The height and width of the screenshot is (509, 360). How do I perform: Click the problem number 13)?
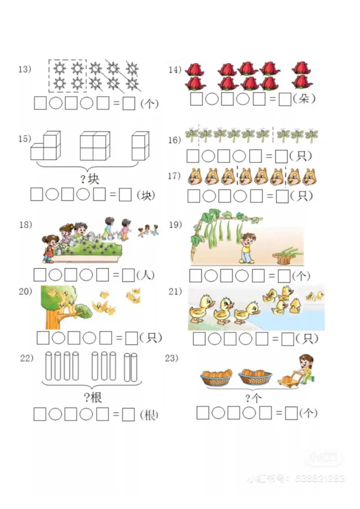point(24,69)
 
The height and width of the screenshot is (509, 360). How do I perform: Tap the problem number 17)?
point(174,176)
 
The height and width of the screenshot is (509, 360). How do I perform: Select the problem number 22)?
point(27,358)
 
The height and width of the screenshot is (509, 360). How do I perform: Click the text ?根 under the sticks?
point(93,397)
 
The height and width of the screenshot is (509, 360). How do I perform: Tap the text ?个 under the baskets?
point(254,397)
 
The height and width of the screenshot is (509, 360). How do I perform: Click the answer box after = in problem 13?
point(129,103)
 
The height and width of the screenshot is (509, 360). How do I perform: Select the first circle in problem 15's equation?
point(52,195)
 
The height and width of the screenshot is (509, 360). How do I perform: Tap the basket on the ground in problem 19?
point(282,256)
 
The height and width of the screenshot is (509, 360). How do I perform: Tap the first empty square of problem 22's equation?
point(40,415)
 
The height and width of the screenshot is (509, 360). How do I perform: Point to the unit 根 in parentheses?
point(149,415)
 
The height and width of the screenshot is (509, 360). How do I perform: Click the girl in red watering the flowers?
point(49,247)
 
